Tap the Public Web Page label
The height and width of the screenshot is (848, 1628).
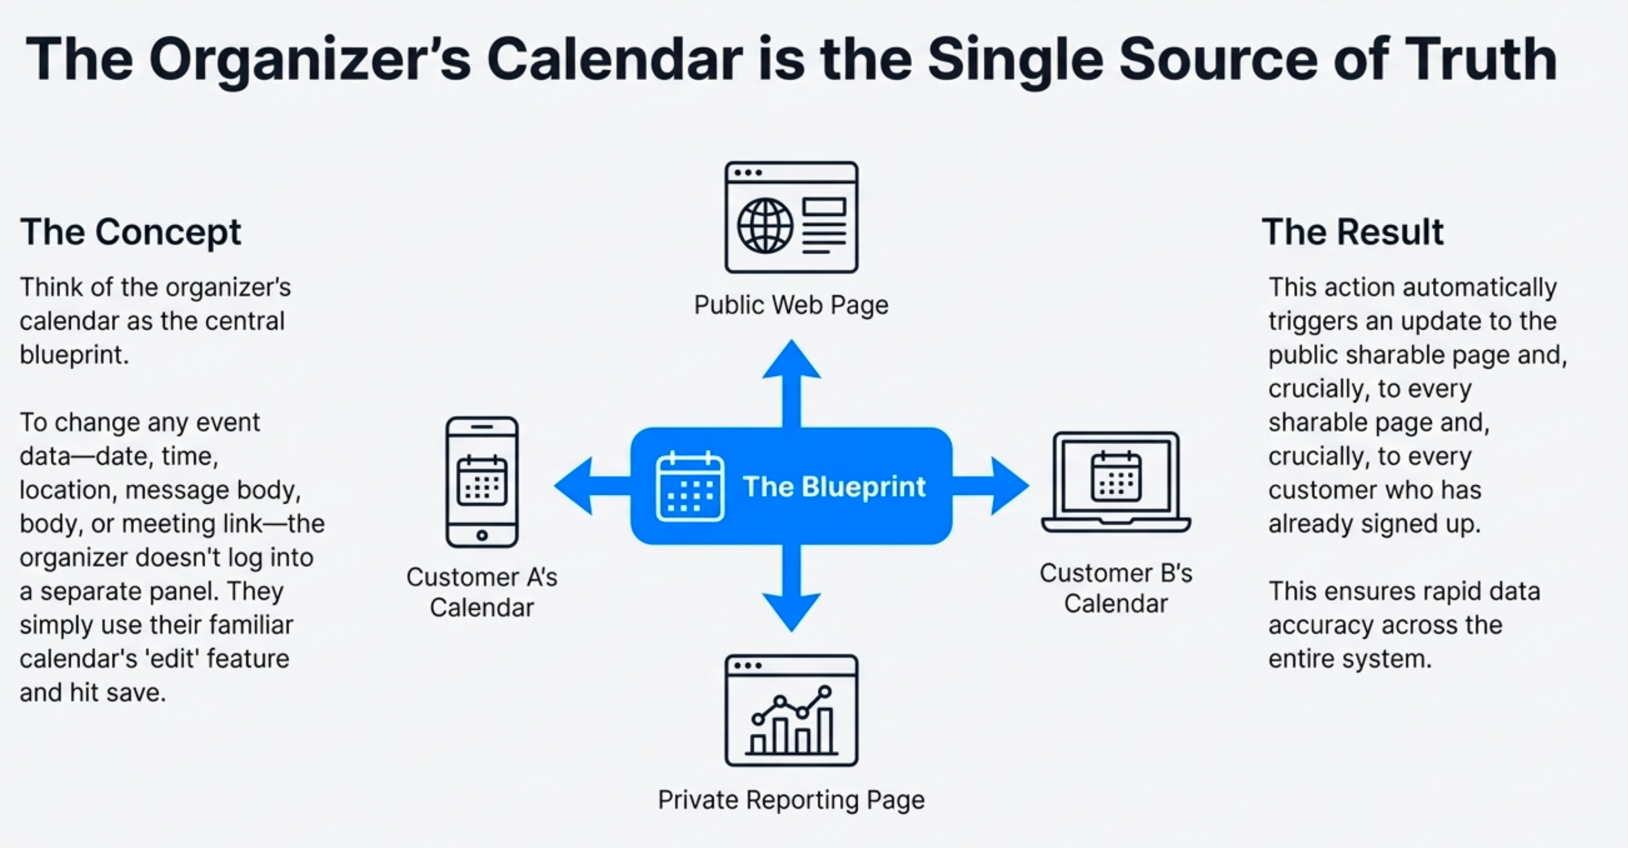pos(791,305)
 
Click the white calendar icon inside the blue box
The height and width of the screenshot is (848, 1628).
pos(690,487)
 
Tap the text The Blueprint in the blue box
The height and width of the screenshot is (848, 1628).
pos(834,487)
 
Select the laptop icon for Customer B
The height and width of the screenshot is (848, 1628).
pos(1116,482)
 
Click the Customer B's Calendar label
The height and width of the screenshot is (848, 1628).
pos(1116,589)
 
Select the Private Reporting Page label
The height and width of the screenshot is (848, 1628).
pos(791,800)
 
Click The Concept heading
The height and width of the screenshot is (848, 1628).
pos(130,232)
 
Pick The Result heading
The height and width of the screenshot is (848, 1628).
pos(1353,232)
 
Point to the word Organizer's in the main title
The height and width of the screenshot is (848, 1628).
pos(310,60)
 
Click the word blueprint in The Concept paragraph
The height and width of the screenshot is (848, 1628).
pos(74,355)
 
